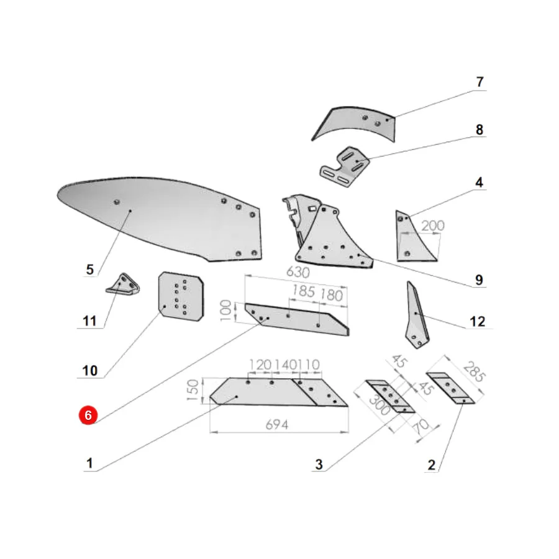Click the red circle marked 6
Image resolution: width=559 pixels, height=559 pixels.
88,415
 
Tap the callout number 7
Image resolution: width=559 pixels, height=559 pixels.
480,82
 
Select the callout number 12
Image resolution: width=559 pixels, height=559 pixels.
478,321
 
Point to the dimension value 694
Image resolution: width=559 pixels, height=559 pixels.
277,425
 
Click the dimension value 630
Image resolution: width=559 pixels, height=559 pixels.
298,273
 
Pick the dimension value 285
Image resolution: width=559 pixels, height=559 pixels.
474,372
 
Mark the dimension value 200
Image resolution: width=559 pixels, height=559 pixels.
433,225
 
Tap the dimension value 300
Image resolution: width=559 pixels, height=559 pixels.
379,405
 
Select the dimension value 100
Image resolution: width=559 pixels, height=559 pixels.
225,311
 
